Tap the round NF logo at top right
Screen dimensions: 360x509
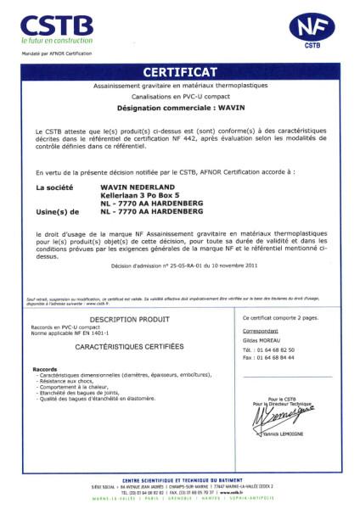coord(312,27)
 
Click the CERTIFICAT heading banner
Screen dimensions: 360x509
coord(180,71)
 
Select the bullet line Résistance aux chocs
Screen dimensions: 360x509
coord(68,383)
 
